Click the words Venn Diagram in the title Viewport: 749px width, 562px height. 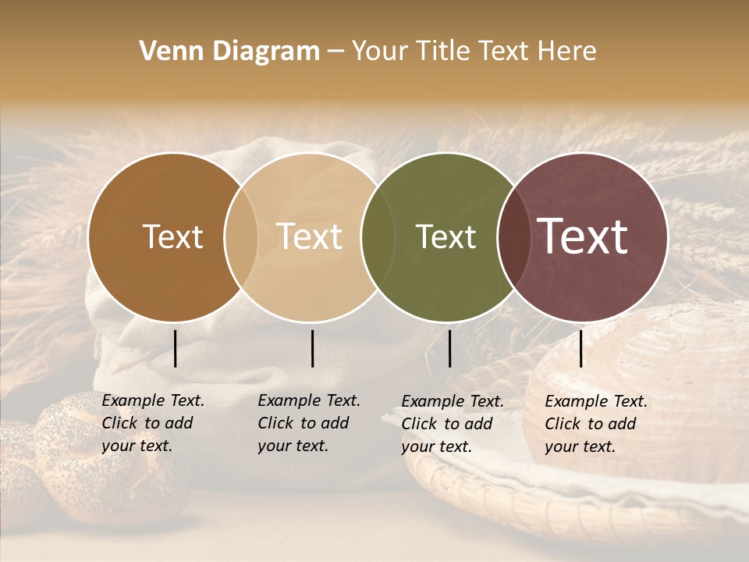[x=229, y=52]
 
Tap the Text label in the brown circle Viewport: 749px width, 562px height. [x=172, y=237]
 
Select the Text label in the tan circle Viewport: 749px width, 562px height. [x=310, y=237]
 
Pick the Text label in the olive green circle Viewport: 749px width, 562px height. [x=445, y=237]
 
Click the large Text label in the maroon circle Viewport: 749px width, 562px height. [x=583, y=237]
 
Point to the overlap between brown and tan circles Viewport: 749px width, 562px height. [x=241, y=237]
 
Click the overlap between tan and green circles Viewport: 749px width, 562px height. [x=378, y=237]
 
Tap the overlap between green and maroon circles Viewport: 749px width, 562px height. [x=513, y=237]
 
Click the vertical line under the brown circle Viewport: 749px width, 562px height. [x=175, y=348]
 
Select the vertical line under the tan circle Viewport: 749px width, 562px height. [x=312, y=348]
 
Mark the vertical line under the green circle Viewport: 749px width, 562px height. [x=449, y=348]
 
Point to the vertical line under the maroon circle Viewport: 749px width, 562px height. [x=580, y=348]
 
